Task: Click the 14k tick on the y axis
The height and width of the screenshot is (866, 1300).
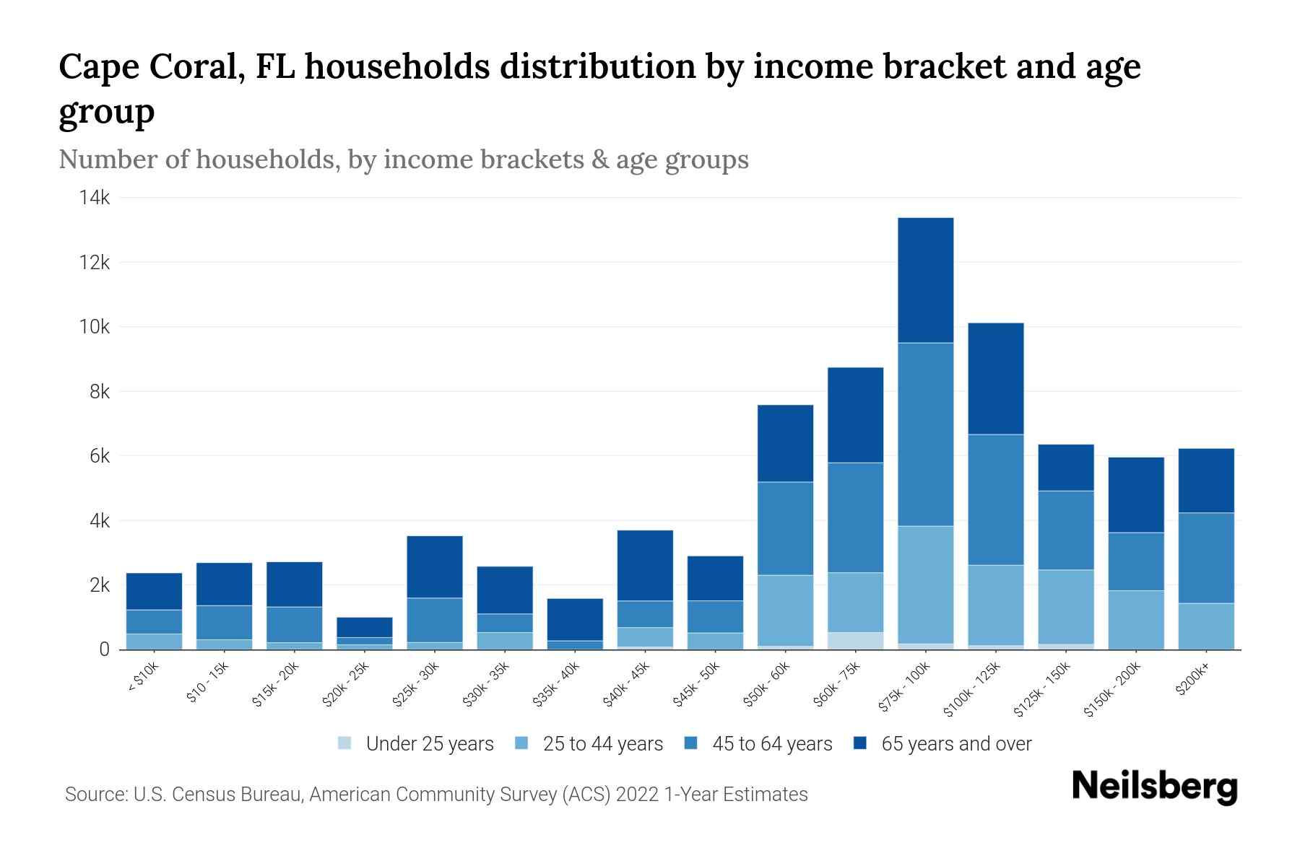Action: (95, 198)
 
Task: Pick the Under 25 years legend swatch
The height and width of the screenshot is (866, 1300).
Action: (345, 743)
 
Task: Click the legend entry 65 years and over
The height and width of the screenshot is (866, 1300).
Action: (955, 743)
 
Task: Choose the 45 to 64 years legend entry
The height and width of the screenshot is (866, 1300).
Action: (771, 743)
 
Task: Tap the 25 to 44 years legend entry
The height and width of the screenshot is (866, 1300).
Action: (602, 743)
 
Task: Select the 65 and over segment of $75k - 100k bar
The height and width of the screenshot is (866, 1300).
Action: (925, 280)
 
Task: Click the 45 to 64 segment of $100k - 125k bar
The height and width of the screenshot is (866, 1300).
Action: (995, 499)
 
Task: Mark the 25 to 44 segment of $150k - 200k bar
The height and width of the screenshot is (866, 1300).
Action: (1136, 619)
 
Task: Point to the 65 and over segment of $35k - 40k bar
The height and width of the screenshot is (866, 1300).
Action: (575, 619)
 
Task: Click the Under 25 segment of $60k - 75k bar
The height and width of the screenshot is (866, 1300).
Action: (855, 640)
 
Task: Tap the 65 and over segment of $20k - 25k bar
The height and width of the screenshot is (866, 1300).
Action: (365, 627)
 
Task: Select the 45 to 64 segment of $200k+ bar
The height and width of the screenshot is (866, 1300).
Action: (1206, 557)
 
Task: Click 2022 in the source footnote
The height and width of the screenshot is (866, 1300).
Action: (637, 795)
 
